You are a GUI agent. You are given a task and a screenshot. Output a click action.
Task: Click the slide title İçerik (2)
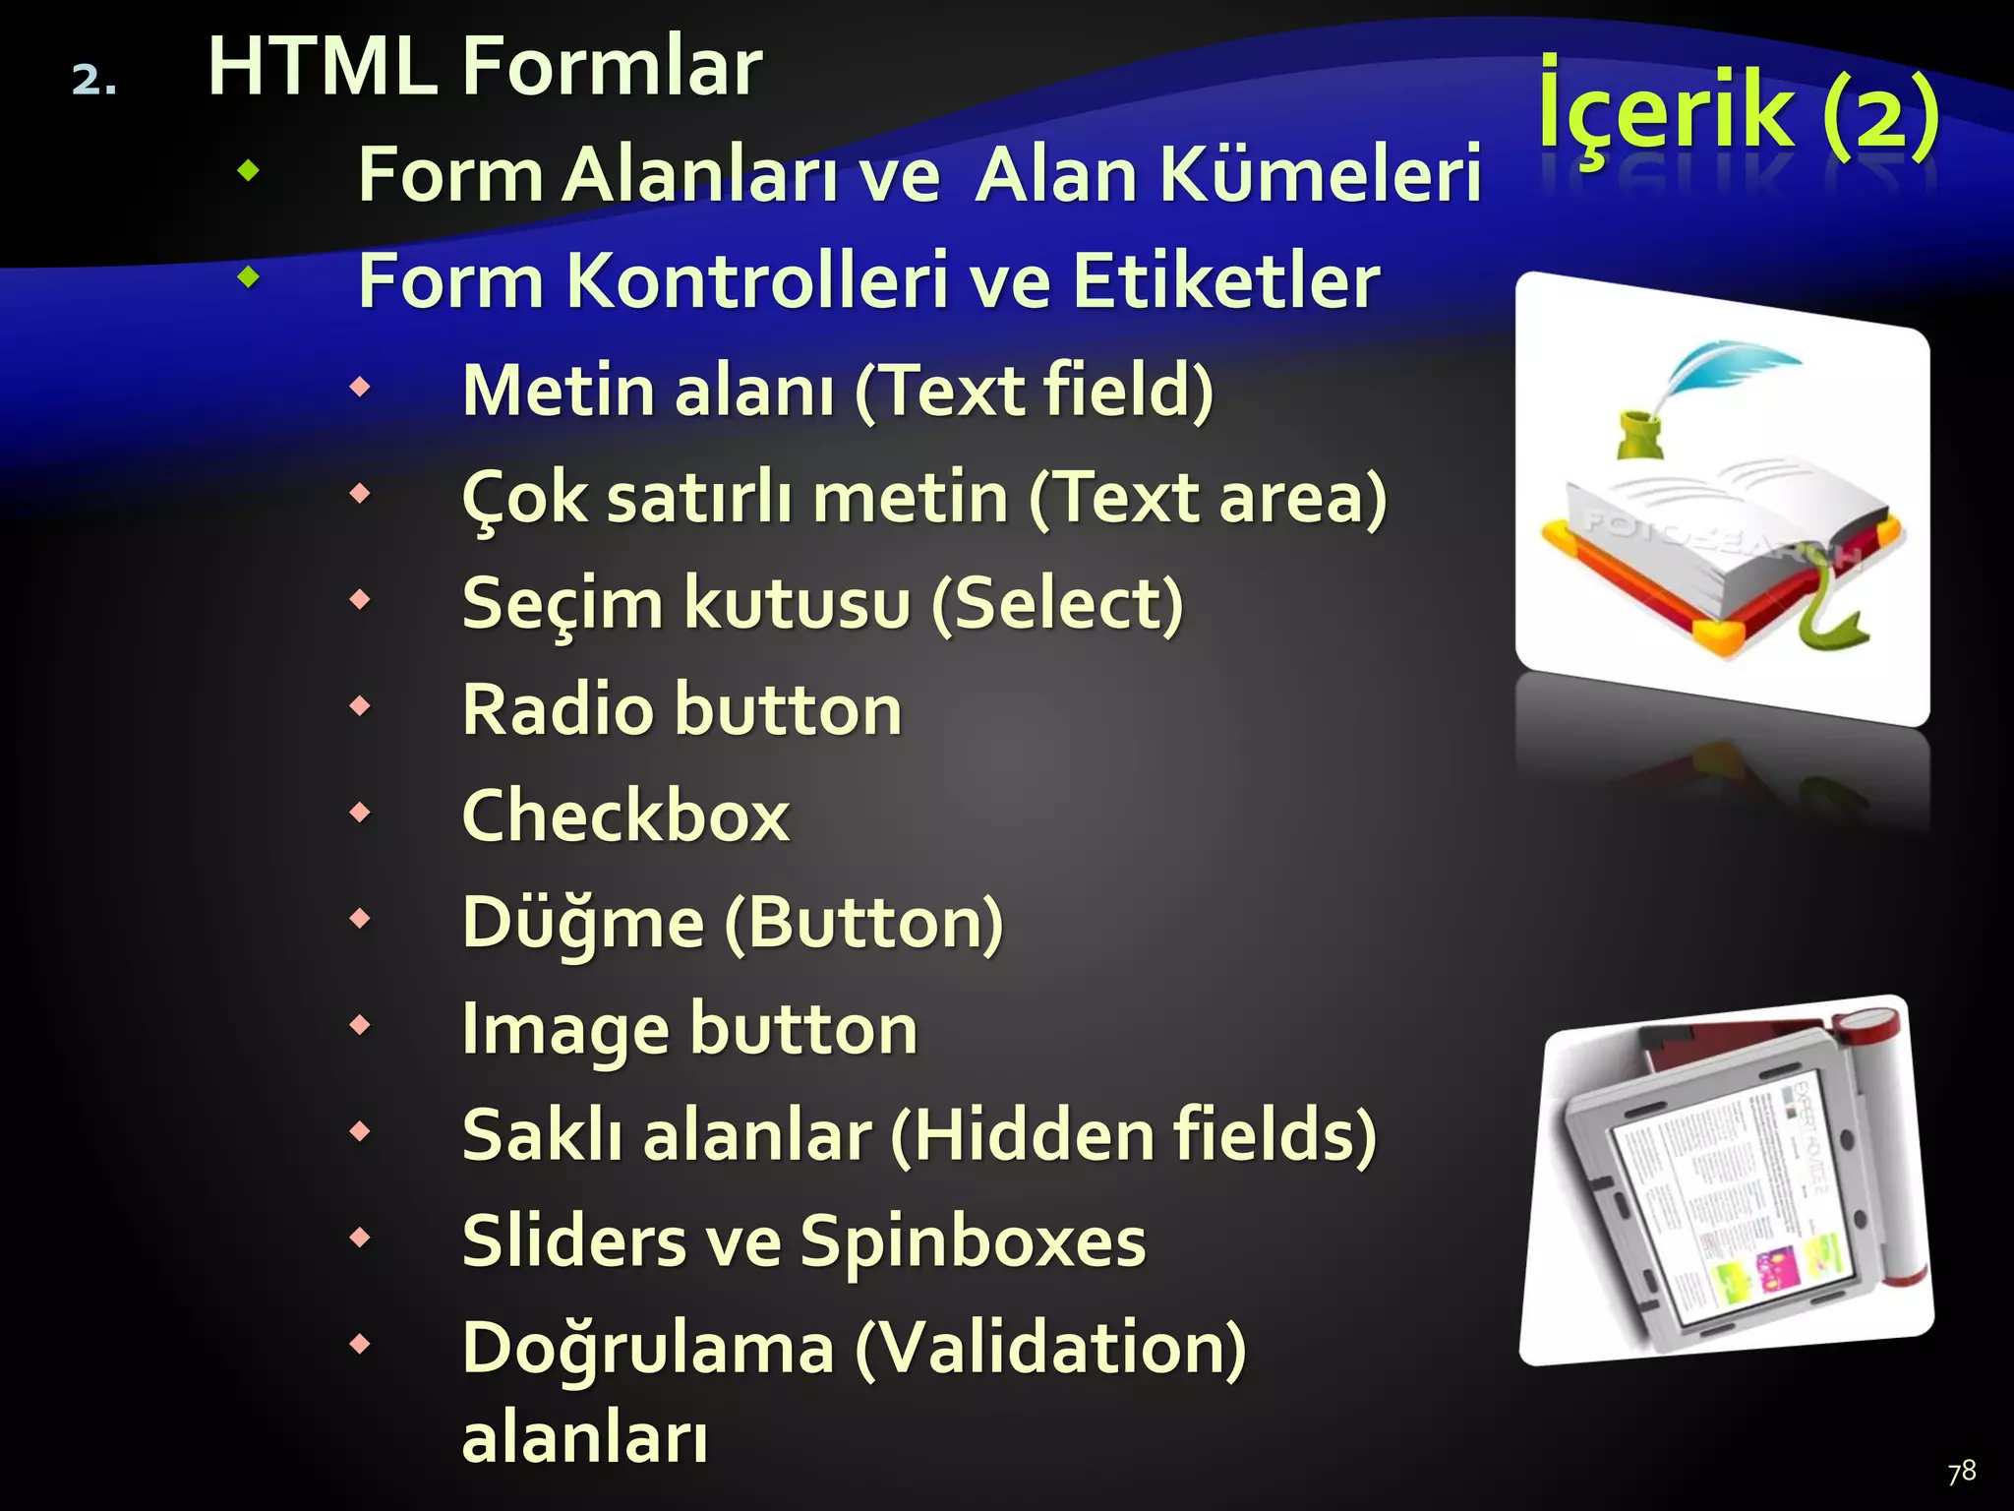1738,113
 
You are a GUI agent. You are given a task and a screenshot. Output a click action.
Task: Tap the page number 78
1961,1472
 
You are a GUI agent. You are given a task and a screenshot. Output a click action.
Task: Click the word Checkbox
625,816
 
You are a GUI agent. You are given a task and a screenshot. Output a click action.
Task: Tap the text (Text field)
1034,391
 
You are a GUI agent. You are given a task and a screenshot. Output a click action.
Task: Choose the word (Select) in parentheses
1057,603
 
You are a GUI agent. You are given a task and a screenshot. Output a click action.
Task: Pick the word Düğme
582,923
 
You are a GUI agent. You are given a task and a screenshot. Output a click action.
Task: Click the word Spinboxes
973,1241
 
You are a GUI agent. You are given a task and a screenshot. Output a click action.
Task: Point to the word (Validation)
1049,1349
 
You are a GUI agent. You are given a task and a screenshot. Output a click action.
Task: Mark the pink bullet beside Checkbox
361,813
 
